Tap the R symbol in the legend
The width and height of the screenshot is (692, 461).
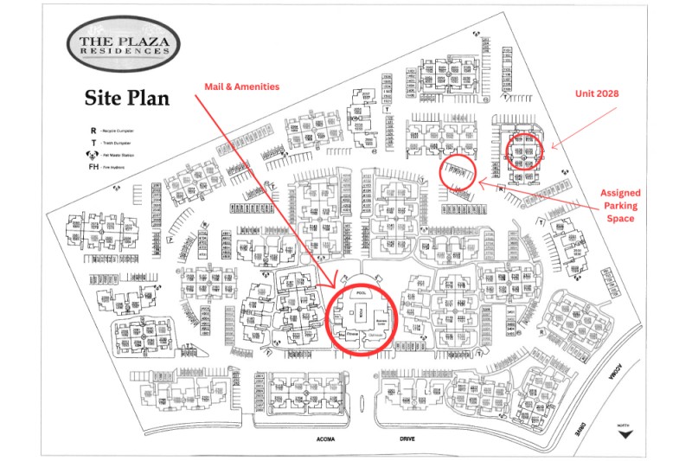[x=93, y=131]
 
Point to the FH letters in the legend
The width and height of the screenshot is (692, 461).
[x=93, y=166]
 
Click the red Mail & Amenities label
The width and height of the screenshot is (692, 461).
[x=240, y=86]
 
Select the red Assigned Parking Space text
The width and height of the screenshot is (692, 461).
[x=621, y=206]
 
